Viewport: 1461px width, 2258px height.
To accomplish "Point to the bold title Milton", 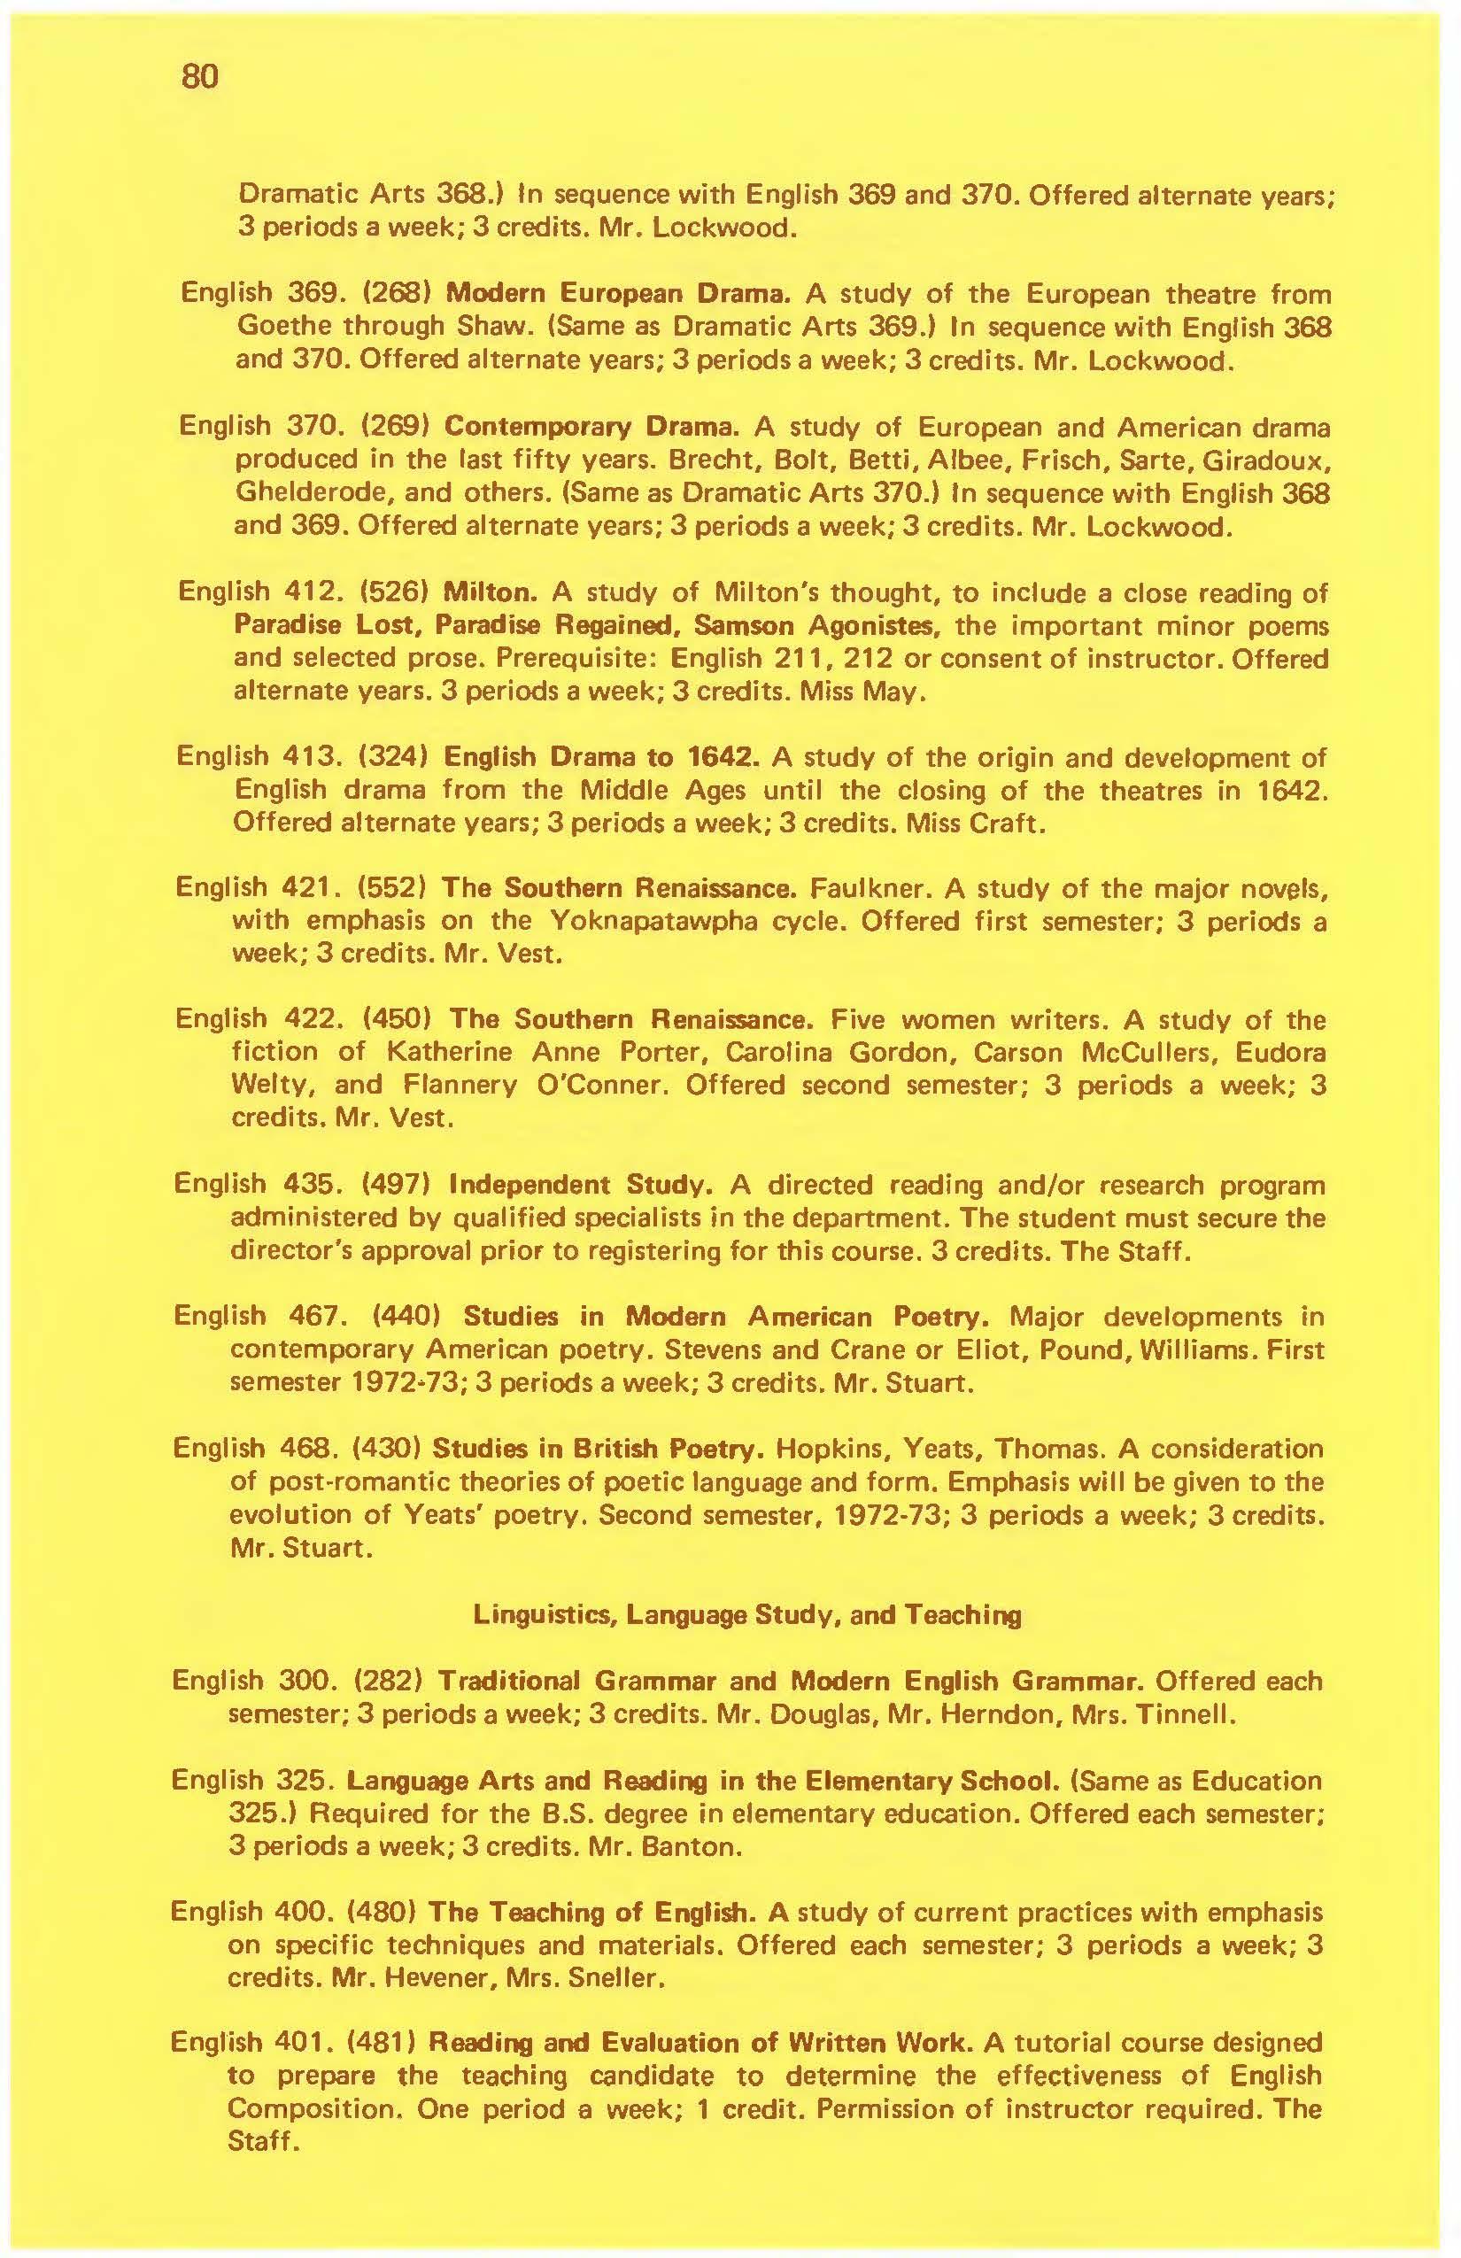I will (491, 593).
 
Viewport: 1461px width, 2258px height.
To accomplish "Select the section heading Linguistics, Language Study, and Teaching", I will (747, 1615).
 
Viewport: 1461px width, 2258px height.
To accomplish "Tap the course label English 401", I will (251, 2043).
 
